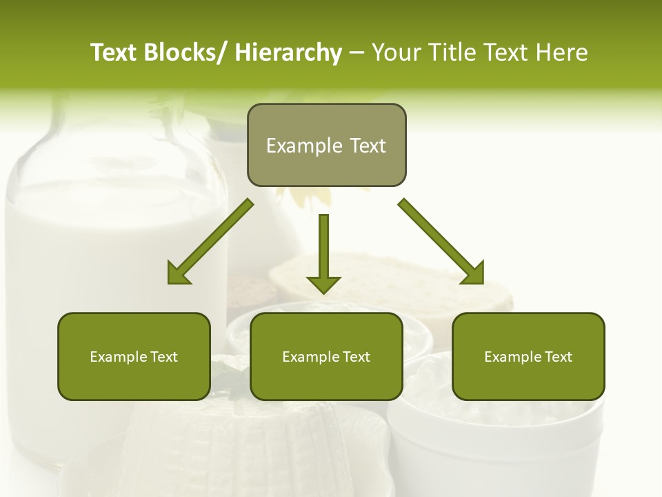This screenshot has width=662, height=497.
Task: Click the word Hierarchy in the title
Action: [x=288, y=53]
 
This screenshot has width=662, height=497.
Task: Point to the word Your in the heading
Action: [x=395, y=53]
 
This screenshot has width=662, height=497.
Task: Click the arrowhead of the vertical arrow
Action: [x=323, y=284]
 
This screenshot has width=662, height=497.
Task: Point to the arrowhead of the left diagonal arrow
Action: [x=180, y=273]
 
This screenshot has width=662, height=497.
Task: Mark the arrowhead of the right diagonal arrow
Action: [x=472, y=273]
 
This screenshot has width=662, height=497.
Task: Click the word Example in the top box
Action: [x=294, y=146]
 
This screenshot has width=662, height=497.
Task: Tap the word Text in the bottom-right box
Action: [x=558, y=357]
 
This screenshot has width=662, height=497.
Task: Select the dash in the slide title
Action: [x=357, y=53]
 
